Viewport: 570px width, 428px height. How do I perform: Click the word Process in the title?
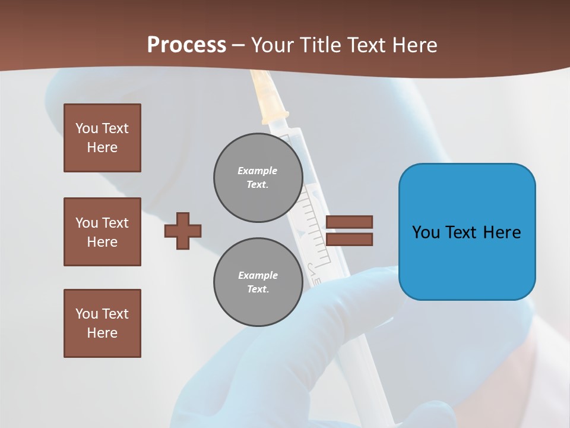click(186, 45)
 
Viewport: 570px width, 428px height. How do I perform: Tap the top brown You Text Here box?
click(102, 138)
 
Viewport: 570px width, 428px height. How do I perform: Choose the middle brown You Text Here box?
click(102, 232)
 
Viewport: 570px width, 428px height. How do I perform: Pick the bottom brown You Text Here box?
click(102, 323)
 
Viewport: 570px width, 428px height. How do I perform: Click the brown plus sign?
click(183, 231)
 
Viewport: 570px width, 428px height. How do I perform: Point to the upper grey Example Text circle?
click(258, 178)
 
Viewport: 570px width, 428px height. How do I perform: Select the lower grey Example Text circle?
click(258, 282)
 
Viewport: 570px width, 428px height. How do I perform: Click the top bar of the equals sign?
click(349, 222)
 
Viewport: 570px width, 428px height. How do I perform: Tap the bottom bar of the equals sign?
click(349, 240)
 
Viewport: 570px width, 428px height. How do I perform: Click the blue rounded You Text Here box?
click(467, 232)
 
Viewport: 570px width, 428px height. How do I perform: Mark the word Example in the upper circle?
click(258, 171)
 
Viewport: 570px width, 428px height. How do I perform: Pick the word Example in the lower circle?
click(258, 275)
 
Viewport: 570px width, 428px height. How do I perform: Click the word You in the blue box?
click(426, 232)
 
